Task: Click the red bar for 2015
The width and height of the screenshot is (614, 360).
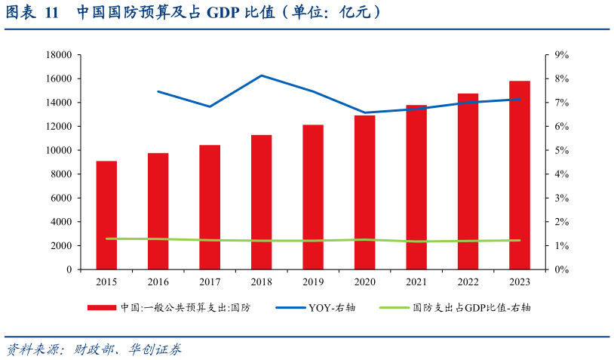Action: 106,215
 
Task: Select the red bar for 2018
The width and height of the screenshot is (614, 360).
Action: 262,202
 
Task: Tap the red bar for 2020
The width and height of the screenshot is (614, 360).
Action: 365,192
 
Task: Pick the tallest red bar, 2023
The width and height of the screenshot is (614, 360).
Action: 520,175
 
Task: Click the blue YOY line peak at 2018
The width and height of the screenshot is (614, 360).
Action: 262,75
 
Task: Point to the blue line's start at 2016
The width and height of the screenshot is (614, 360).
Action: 158,91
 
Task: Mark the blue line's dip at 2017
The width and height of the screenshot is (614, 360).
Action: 210,106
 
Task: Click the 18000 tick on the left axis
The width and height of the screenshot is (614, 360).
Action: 58,55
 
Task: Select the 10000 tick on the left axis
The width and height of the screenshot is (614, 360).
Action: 58,150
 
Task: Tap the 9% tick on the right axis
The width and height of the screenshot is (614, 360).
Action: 560,55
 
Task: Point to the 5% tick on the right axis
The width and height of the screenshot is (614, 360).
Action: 560,150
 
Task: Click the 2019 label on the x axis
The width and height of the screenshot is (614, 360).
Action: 313,282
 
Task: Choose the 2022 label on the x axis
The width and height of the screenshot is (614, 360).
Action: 468,282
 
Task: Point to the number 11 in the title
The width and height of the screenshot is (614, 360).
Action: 51,13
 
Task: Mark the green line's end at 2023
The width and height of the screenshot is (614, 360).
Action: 520,240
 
